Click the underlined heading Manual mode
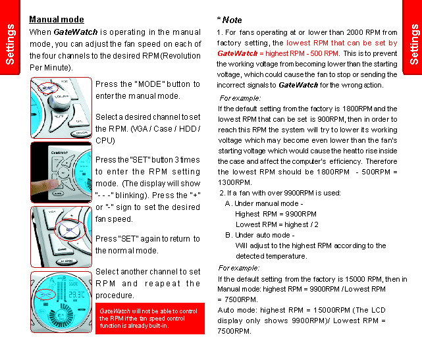tap(57, 20)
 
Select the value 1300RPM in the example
tap(231, 182)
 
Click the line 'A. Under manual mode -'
tap(263, 203)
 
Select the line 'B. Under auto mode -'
tap(259, 235)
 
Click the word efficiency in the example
tap(339, 161)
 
